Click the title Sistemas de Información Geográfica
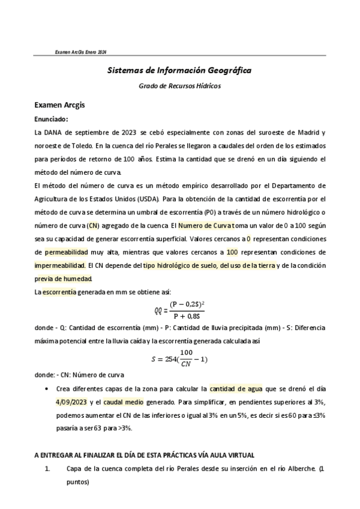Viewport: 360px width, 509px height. (x=179, y=70)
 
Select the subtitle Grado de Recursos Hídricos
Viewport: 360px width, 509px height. (x=179, y=86)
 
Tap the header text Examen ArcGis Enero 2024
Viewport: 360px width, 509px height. (x=80, y=53)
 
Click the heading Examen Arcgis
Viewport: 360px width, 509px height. (x=60, y=105)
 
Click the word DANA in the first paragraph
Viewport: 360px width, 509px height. (x=54, y=132)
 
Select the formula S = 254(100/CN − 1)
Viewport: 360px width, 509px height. (x=179, y=360)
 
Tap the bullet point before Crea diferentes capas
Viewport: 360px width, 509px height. (x=48, y=388)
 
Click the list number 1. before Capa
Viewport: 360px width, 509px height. (x=49, y=469)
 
